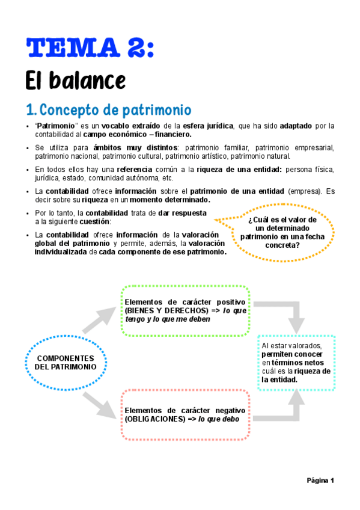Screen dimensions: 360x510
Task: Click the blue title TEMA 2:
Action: point(90,47)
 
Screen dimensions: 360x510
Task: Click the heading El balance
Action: point(75,79)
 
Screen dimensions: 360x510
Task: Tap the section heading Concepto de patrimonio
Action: point(108,110)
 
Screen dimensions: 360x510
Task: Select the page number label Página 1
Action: point(320,480)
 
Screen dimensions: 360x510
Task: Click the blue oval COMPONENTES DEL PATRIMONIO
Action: point(66,362)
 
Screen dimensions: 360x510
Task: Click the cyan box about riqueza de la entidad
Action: point(296,363)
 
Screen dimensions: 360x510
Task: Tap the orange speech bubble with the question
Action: point(278,232)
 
